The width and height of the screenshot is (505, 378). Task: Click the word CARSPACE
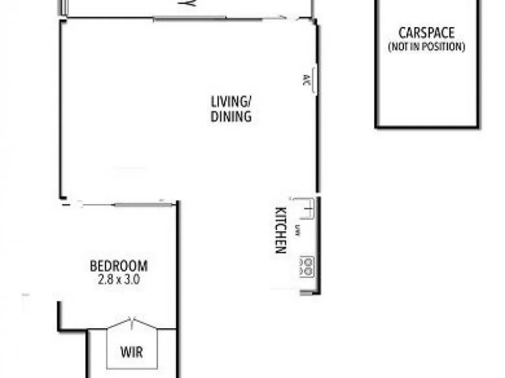pyautogui.click(x=426, y=33)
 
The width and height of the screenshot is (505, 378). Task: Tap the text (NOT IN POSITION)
pyautogui.click(x=426, y=47)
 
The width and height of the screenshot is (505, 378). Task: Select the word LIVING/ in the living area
pyautogui.click(x=231, y=102)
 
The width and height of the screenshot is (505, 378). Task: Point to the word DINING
pyautogui.click(x=231, y=117)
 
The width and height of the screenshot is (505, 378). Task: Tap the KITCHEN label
pyautogui.click(x=280, y=230)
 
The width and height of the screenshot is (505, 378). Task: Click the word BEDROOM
pyautogui.click(x=118, y=266)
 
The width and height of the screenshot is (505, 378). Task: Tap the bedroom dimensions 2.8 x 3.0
pyautogui.click(x=118, y=280)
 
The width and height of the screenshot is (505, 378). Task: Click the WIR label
pyautogui.click(x=132, y=352)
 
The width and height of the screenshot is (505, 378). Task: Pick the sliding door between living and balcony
pyautogui.click(x=190, y=19)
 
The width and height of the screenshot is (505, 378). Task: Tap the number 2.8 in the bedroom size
pyautogui.click(x=105, y=280)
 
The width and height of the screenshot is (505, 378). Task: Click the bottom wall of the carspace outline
pyautogui.click(x=427, y=126)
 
